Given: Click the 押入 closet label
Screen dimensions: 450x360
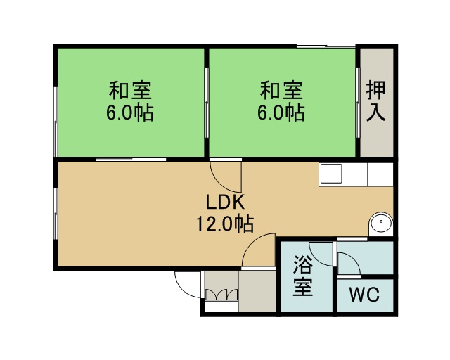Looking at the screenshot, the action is click(x=375, y=101).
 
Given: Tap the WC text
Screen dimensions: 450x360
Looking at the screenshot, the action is click(x=364, y=295).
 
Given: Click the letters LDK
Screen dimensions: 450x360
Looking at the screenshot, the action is click(x=225, y=202).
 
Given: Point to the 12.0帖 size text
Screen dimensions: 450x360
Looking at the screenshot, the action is click(x=225, y=224).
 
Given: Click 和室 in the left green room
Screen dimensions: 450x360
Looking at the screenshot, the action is click(x=130, y=91).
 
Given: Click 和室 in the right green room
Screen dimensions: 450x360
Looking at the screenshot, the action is click(x=281, y=91).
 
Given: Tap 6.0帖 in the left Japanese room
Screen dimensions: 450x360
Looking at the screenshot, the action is click(x=130, y=112).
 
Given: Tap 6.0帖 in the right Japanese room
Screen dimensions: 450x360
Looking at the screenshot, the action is click(x=281, y=112).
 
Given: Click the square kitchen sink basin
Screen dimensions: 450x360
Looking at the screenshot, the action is click(x=331, y=174).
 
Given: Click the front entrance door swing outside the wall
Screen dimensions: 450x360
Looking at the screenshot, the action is click(x=188, y=285).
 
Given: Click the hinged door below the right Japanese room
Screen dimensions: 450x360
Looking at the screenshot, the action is click(x=226, y=175).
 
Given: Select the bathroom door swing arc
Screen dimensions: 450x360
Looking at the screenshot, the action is click(x=322, y=255).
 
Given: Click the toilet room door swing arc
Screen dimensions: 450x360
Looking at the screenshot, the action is click(x=349, y=264).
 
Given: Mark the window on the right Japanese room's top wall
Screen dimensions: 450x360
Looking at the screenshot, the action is click(x=326, y=46).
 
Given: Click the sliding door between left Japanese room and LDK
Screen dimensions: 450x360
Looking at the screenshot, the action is click(x=131, y=159).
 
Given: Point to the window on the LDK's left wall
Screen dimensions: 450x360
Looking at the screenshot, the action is click(x=56, y=214).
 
